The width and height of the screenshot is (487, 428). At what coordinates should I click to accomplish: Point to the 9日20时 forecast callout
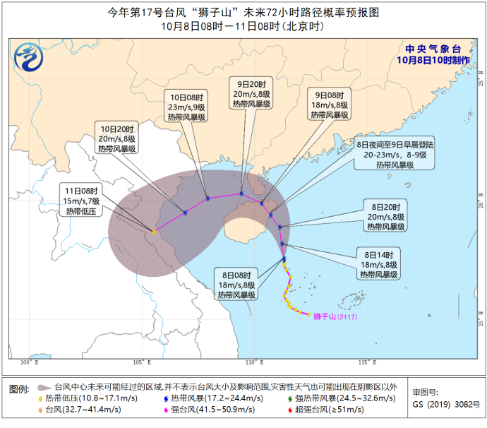(x=251, y=92)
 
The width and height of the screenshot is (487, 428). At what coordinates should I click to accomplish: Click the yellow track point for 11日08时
(x=154, y=232)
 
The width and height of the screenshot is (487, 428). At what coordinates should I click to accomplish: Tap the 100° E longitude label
(x=28, y=362)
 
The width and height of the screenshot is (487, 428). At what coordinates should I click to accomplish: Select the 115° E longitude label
(x=365, y=362)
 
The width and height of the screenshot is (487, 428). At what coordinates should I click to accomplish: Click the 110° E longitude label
(x=253, y=362)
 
